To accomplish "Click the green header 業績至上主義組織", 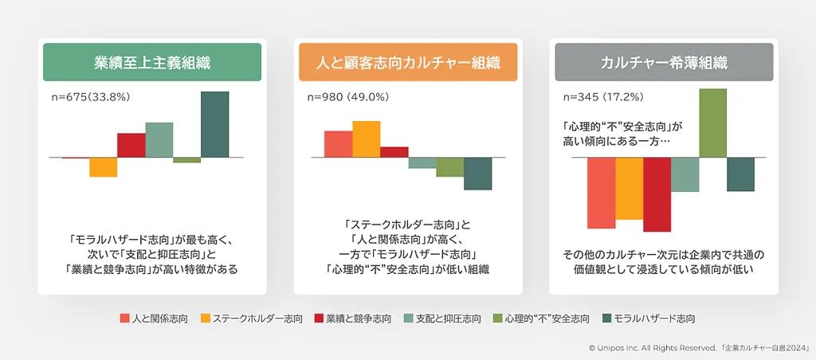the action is pyautogui.click(x=152, y=62).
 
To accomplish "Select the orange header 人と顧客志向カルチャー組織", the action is pyautogui.click(x=408, y=62).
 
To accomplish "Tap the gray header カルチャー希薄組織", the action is pyautogui.click(x=664, y=62).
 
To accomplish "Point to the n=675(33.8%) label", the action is pyautogui.click(x=88, y=96).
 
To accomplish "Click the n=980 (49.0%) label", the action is pyautogui.click(x=348, y=96).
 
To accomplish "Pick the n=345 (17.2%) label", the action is pyautogui.click(x=604, y=96).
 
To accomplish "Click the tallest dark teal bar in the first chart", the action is pyautogui.click(x=215, y=124).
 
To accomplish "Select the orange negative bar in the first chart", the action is pyautogui.click(x=103, y=167).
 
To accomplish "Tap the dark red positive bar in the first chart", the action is pyautogui.click(x=131, y=145).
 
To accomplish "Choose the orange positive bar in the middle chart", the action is pyautogui.click(x=367, y=139).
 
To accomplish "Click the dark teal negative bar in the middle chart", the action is pyautogui.click(x=478, y=174).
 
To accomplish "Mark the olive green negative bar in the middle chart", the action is pyautogui.click(x=450, y=167).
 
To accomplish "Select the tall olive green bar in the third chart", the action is pyautogui.click(x=713, y=123).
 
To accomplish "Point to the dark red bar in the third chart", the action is pyautogui.click(x=657, y=194).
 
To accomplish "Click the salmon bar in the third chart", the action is pyautogui.click(x=602, y=193).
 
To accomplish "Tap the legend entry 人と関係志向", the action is pyautogui.click(x=154, y=319).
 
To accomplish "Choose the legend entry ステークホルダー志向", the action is pyautogui.click(x=251, y=319).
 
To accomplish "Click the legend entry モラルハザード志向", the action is pyautogui.click(x=649, y=319).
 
